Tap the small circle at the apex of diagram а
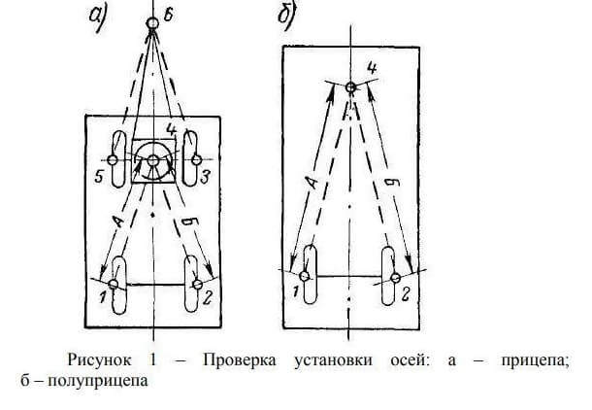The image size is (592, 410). (x=152, y=22)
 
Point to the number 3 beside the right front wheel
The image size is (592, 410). (x=206, y=176)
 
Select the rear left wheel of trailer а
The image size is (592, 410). (x=117, y=284)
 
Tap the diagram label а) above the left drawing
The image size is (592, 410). (x=100, y=18)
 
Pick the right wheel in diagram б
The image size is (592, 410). (x=394, y=278)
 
